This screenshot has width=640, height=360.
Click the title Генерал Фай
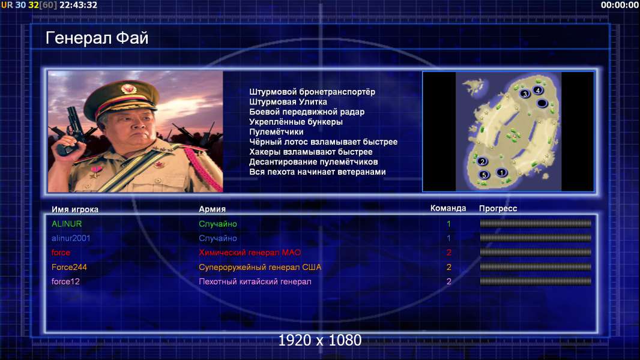(97, 38)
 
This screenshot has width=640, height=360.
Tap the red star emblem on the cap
(128, 88)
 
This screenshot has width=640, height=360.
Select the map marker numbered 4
(538, 90)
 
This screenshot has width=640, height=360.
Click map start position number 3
(525, 94)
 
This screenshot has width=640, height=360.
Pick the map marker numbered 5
(484, 175)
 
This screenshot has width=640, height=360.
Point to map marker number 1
(502, 172)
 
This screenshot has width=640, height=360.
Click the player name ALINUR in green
(67, 224)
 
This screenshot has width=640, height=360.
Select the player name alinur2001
(71, 238)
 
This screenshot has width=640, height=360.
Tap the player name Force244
(69, 267)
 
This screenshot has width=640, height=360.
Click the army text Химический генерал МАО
(250, 253)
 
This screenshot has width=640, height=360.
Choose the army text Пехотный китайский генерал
(255, 281)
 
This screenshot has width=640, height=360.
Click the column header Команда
(448, 208)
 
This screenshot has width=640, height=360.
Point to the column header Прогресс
(498, 209)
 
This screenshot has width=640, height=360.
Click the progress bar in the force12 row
(536, 281)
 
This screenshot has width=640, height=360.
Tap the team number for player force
(448, 253)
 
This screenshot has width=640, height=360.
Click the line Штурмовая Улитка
(288, 102)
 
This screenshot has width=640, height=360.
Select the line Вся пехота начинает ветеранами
(318, 172)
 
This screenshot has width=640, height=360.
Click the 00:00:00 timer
(620, 5)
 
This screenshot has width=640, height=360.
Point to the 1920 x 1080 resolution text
(320, 340)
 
